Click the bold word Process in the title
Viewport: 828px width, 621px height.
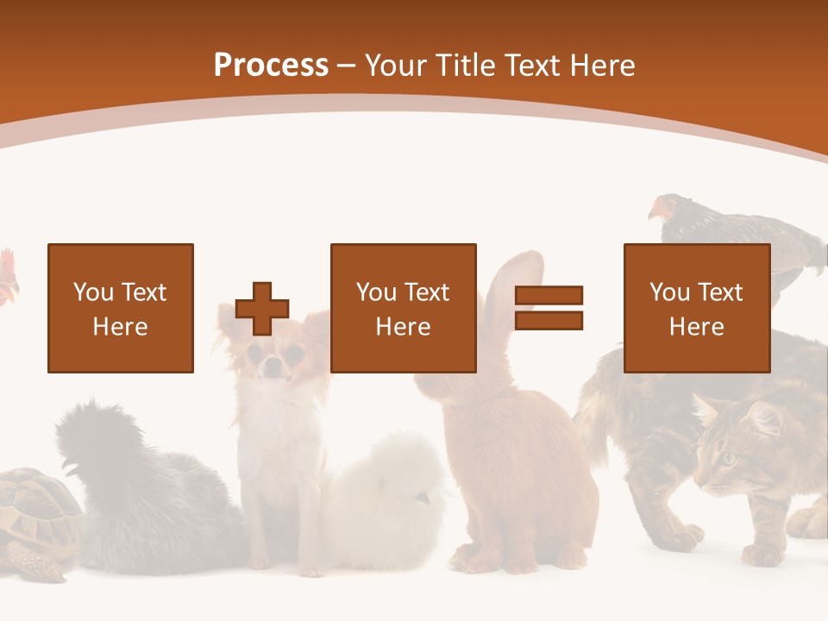(271, 65)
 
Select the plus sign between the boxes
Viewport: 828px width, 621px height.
(262, 309)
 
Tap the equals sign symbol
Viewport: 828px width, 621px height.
(549, 308)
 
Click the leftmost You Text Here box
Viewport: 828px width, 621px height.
(121, 308)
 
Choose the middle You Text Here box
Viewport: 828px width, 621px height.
(403, 308)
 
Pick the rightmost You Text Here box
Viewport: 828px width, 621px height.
(696, 308)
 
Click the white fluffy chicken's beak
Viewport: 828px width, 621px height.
(422, 499)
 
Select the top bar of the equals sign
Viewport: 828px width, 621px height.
(549, 295)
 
